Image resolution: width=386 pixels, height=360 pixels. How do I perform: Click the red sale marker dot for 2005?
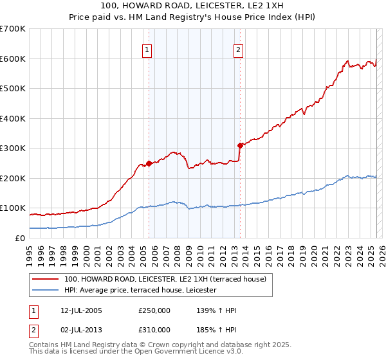coord(149,163)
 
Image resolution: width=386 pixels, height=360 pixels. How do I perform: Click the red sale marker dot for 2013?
coord(240,145)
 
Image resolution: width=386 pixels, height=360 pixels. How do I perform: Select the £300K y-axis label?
coord(13,148)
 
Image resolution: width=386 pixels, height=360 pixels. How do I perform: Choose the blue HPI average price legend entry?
coord(140,291)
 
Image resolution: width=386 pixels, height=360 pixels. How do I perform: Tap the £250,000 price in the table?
coord(154,310)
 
